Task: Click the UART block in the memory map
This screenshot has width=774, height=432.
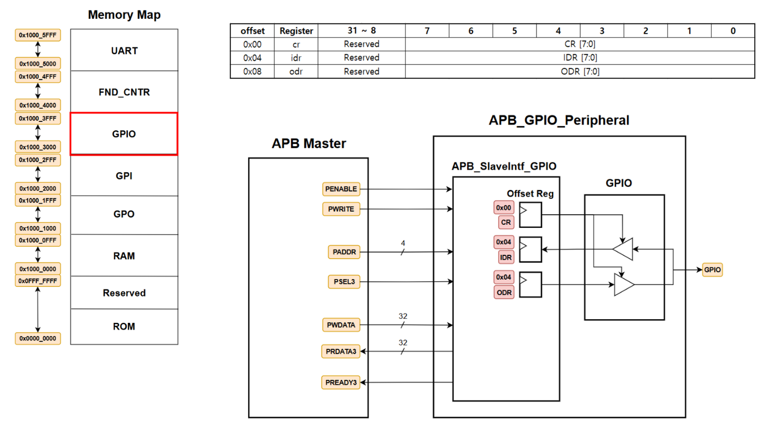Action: point(124,50)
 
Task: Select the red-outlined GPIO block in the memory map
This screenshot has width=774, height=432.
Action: point(124,134)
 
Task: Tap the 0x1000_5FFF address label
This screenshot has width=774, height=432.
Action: point(38,35)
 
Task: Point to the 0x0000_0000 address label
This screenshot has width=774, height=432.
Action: point(38,339)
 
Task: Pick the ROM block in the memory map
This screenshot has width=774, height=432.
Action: point(124,326)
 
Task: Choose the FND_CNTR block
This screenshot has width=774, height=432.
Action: point(124,92)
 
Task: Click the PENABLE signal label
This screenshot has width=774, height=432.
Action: point(341,189)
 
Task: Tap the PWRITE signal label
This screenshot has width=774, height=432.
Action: point(341,209)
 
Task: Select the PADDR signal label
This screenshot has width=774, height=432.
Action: point(344,252)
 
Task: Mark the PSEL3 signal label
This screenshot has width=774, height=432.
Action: point(344,282)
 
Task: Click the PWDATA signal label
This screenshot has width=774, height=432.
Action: point(341,325)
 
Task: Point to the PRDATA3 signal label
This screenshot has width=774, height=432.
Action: point(341,351)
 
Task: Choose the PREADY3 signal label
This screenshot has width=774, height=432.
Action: point(341,382)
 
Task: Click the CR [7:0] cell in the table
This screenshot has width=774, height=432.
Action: point(580,44)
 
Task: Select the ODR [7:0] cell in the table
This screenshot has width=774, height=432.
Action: point(580,72)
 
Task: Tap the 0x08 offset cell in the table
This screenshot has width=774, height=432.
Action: point(252,72)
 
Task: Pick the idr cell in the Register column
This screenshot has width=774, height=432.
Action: point(296,58)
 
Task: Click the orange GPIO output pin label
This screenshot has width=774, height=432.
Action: point(712,270)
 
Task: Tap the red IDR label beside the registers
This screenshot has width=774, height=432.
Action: point(506,257)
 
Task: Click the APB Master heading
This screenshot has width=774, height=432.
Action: point(309,144)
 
